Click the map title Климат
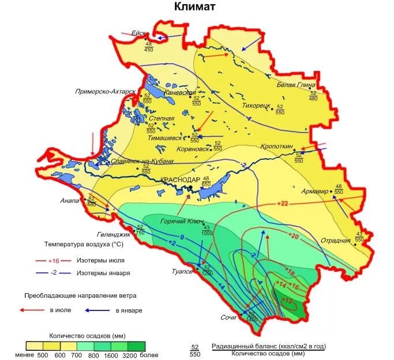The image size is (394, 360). coord(195,7)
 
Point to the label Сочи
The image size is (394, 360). coord(228,317)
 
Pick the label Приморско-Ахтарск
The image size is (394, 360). coord(105,92)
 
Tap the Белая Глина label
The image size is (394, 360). coord(297,84)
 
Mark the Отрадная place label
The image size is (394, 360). coord(336,240)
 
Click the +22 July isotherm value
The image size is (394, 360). coord(283,203)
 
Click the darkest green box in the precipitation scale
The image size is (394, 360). coord(137,346)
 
